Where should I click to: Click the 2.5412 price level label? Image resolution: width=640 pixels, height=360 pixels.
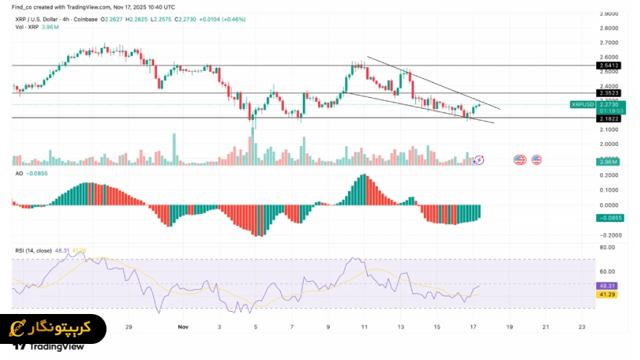[x=609, y=65]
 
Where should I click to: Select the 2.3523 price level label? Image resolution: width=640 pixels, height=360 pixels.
[x=609, y=93]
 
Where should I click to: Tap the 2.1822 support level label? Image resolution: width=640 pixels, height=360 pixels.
[x=609, y=118]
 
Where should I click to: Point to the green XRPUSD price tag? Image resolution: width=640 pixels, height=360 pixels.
[x=584, y=104]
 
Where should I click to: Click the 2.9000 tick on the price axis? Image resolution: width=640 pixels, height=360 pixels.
[x=609, y=13]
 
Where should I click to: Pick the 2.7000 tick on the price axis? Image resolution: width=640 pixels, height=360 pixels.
[x=609, y=42]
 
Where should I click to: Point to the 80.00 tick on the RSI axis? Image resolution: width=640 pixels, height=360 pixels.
[x=607, y=248]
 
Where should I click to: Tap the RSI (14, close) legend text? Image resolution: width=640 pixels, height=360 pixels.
[x=33, y=250]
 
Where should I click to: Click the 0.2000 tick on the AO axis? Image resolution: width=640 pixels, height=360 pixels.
[x=609, y=175]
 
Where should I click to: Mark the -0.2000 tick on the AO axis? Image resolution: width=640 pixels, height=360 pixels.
[x=608, y=235]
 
